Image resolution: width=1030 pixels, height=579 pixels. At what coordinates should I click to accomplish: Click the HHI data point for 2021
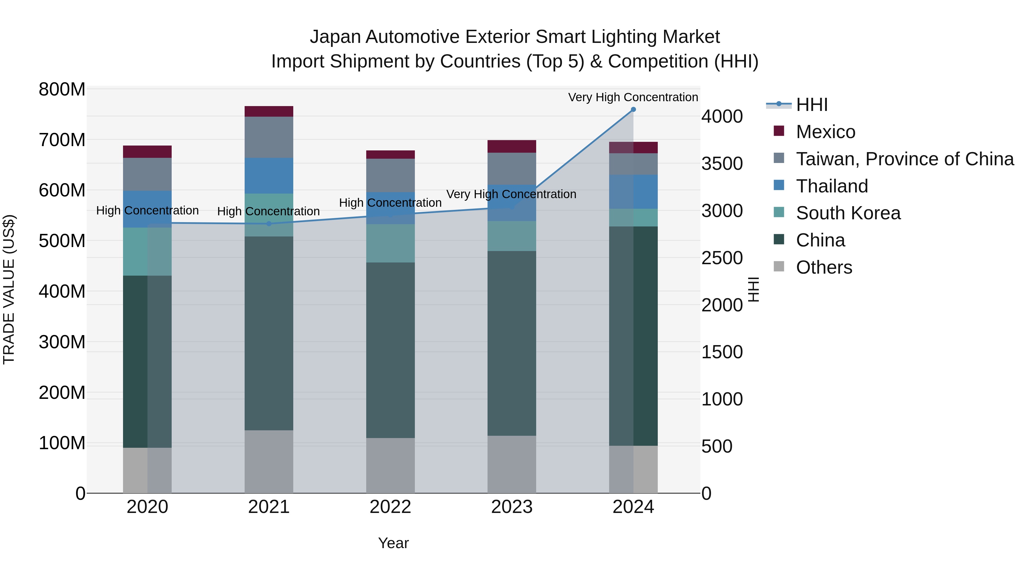point(269,224)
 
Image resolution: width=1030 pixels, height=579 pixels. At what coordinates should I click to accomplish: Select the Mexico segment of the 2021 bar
point(269,111)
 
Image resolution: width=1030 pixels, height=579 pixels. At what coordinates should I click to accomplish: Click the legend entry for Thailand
point(832,186)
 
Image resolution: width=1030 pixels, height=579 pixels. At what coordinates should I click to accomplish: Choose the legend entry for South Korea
point(848,213)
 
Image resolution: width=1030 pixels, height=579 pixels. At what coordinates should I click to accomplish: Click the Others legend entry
point(824,267)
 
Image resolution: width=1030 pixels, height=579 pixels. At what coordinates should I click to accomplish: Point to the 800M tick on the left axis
point(62,89)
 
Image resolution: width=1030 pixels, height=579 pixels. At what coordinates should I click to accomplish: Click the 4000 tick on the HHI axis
point(722,117)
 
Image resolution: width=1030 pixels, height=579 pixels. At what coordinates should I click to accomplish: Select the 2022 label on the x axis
point(390,507)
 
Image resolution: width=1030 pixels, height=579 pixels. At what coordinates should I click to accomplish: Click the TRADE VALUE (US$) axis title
point(9,289)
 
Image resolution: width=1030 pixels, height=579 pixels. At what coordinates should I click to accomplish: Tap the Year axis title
point(393,543)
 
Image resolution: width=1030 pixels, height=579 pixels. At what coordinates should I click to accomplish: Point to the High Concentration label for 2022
point(390,203)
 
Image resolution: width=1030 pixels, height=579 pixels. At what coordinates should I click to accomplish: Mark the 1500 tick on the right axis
point(722,352)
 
